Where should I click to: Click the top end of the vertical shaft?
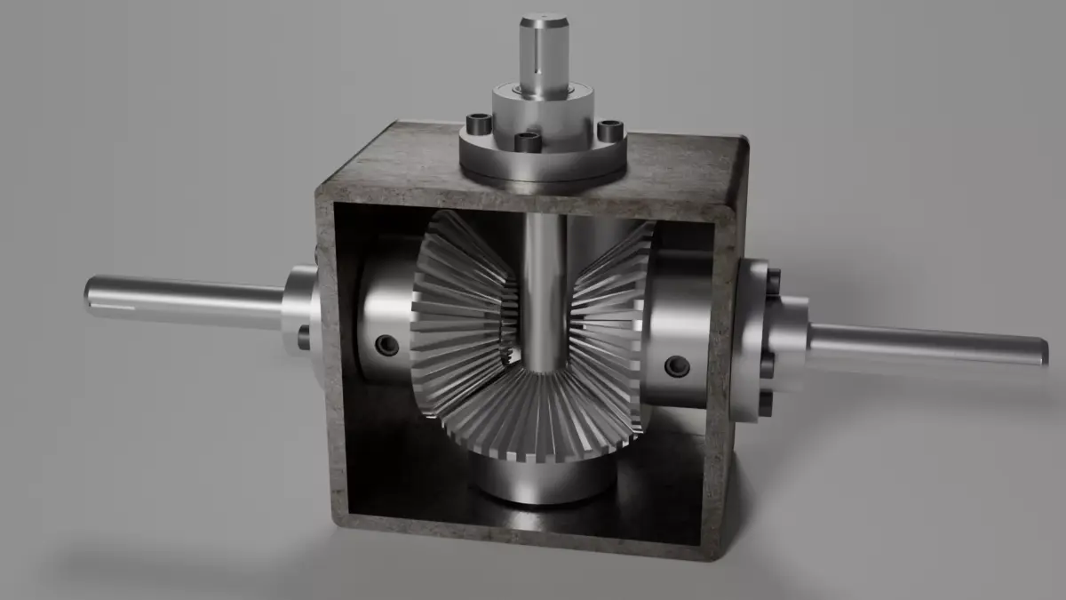(x=544, y=19)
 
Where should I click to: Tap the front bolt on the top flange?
(x=528, y=142)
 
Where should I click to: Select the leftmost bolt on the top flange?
(x=479, y=124)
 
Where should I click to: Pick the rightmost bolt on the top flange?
(x=609, y=131)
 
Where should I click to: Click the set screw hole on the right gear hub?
(x=677, y=365)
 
